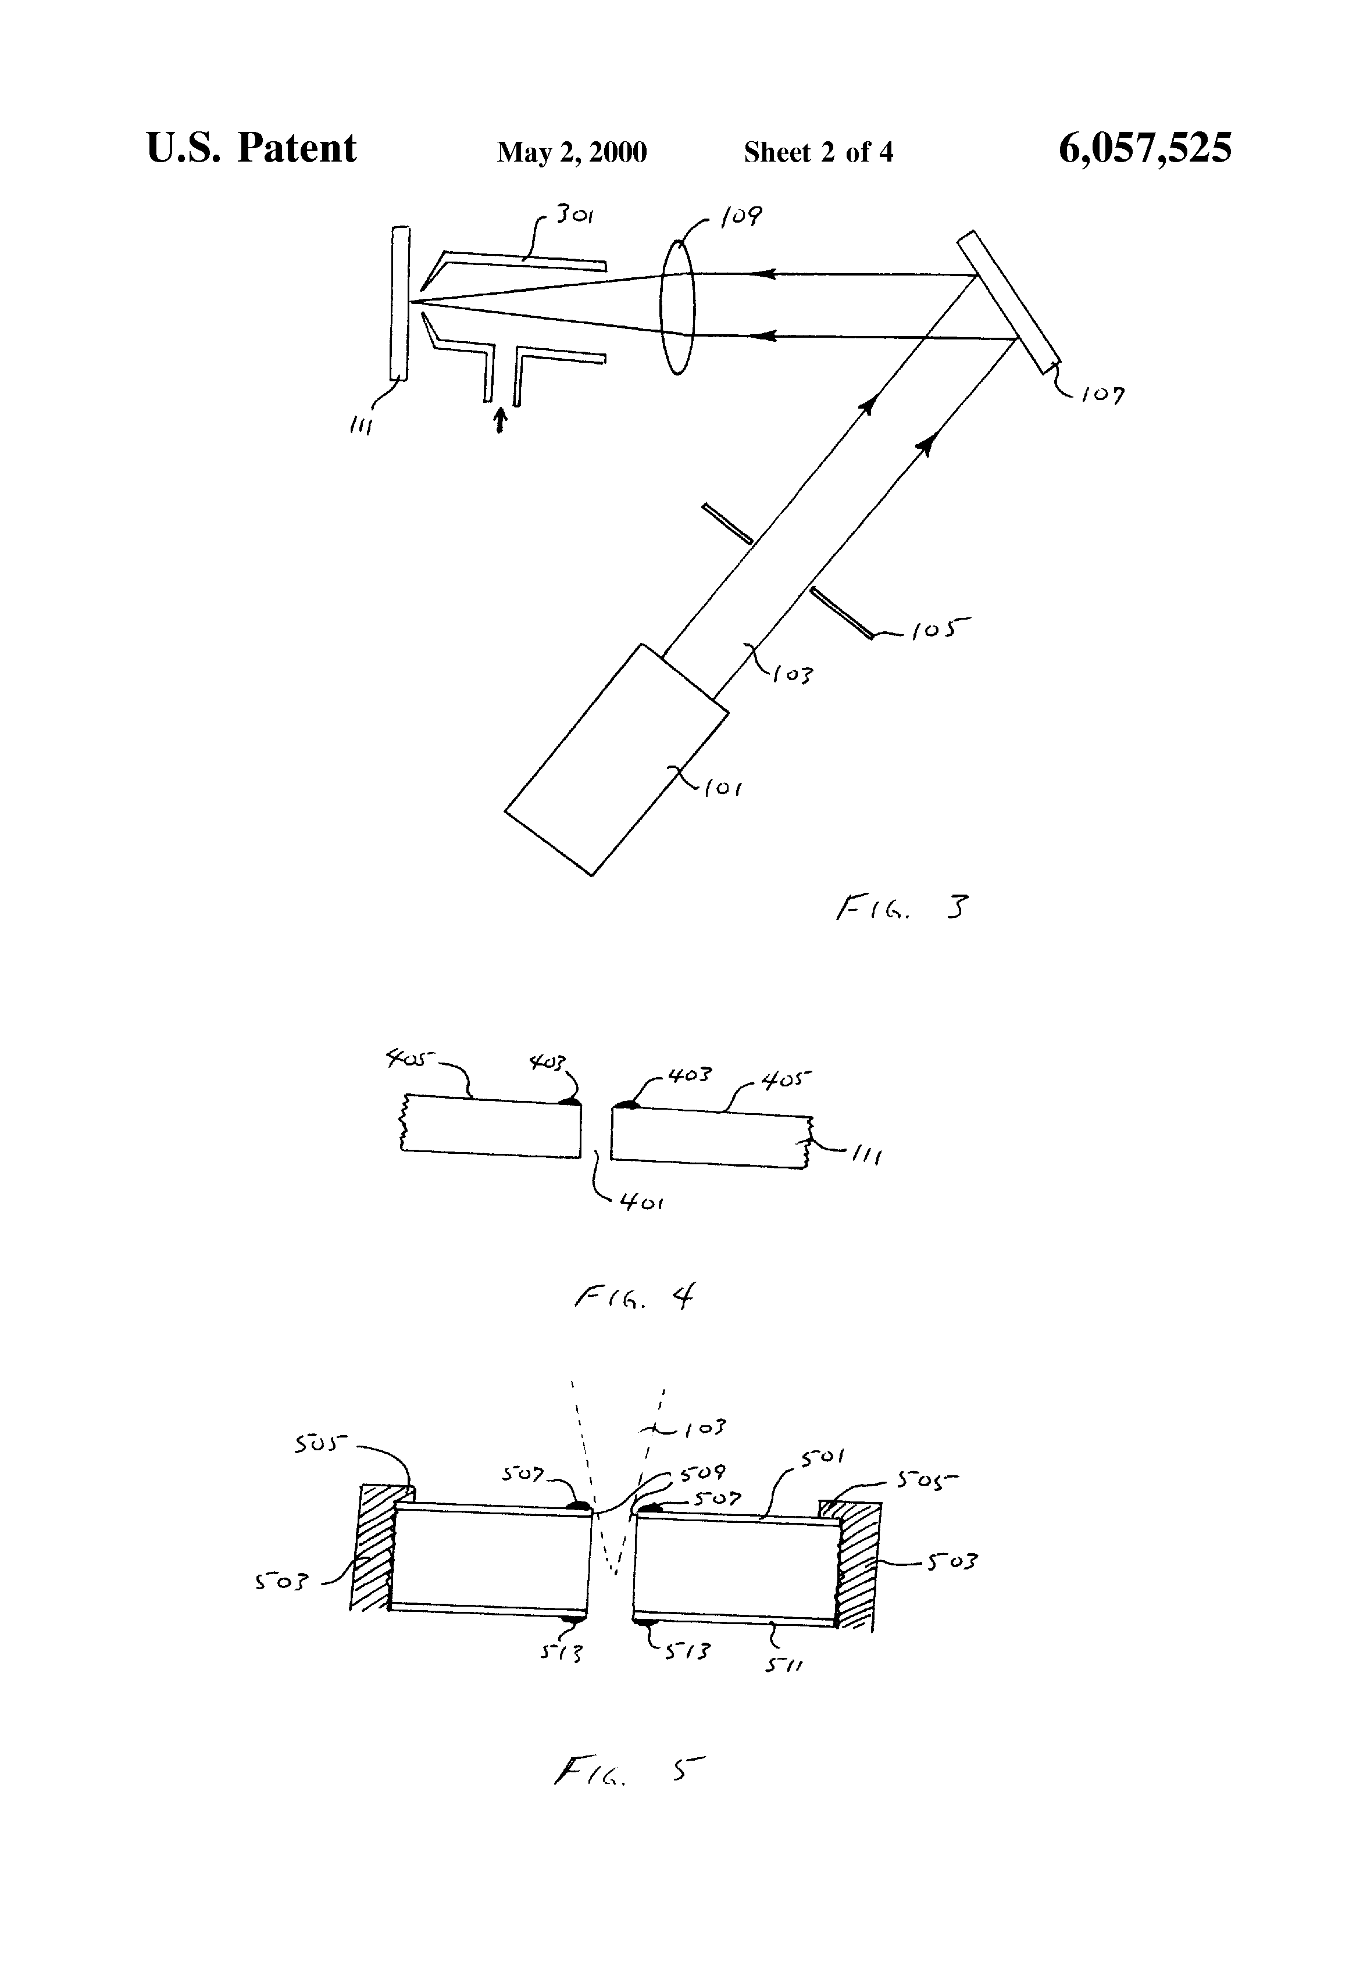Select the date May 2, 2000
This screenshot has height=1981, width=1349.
click(572, 152)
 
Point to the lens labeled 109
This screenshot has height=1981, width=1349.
click(678, 307)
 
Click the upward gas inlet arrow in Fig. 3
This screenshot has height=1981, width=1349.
click(501, 419)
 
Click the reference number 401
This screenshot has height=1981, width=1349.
click(642, 1203)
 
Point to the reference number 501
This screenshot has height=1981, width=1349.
click(823, 1458)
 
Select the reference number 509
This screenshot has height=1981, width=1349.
click(702, 1473)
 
